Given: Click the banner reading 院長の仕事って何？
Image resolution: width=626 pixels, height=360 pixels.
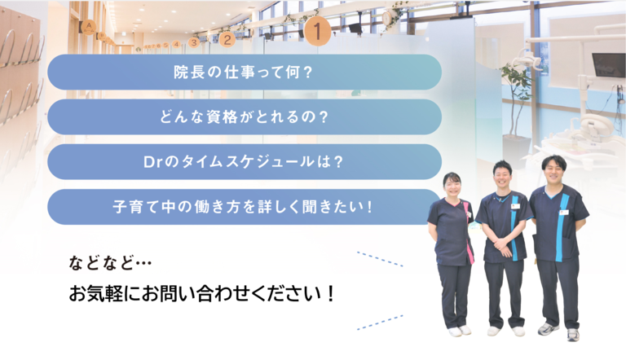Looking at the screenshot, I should (x=244, y=72).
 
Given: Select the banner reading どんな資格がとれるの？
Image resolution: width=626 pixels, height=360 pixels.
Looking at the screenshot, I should (x=244, y=116).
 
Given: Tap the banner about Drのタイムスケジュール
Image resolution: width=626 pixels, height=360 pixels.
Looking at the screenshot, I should (x=244, y=161).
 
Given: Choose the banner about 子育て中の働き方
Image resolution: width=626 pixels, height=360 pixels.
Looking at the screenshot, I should (x=244, y=206).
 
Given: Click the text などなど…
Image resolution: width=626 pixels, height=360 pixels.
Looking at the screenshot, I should (x=111, y=263).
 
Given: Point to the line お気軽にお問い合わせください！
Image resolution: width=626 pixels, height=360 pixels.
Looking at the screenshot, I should (x=203, y=293).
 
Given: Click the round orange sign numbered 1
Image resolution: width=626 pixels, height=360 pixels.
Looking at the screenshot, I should (x=317, y=32).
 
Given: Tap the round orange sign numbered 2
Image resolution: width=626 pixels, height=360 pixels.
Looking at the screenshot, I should (x=227, y=37).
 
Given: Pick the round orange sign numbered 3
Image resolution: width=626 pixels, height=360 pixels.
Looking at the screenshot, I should (x=193, y=42).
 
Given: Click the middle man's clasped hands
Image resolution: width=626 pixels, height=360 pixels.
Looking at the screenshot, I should (x=504, y=242).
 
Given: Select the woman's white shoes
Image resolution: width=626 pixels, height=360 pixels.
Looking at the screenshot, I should (x=460, y=331).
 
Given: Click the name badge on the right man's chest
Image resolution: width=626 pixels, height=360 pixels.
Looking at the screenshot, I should (x=563, y=212).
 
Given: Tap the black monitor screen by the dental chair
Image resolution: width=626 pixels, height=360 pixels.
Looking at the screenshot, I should (x=607, y=64).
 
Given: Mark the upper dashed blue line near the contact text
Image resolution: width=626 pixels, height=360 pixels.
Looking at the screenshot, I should (x=380, y=260).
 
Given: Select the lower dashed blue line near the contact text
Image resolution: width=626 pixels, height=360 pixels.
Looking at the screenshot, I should (x=380, y=322).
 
